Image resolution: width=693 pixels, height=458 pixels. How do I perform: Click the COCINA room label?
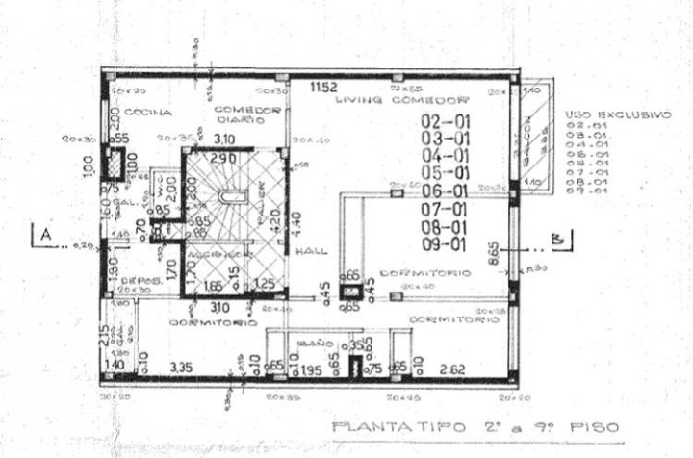point(152,113)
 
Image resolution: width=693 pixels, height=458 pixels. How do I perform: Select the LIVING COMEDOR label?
point(428,100)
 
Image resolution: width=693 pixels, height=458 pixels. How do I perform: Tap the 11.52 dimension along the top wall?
point(323,89)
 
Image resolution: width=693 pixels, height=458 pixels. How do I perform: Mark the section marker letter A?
point(42,234)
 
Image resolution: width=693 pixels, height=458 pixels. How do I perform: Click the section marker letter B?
point(555,235)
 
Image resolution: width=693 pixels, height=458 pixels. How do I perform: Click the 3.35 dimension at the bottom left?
point(180,367)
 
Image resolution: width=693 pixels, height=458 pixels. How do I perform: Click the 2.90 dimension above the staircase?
point(224,158)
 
